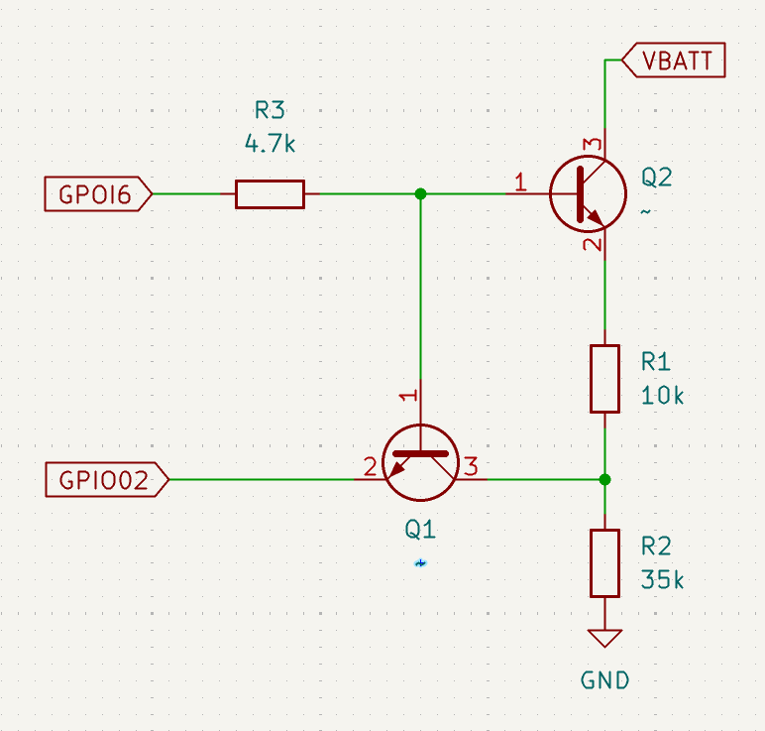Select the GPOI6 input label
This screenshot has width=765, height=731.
(96, 194)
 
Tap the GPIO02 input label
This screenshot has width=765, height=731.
(105, 481)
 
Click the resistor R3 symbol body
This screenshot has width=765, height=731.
(270, 194)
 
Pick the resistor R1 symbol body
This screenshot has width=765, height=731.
(604, 378)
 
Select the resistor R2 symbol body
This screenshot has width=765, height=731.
(604, 562)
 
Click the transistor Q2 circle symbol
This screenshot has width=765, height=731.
(588, 194)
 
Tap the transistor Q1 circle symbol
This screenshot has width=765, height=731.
(420, 463)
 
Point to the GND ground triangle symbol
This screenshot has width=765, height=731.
(604, 639)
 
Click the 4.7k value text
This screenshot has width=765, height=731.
(270, 144)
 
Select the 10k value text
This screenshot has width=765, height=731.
(662, 395)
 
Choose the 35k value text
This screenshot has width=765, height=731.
(662, 579)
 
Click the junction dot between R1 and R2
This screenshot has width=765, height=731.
(604, 480)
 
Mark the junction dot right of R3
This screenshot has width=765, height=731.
(420, 194)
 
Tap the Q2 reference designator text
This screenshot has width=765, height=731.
(656, 178)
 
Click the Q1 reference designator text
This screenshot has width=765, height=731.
(420, 531)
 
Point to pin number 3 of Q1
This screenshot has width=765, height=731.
(472, 465)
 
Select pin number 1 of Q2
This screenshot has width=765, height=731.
(519, 182)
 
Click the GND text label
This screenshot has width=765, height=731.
(604, 680)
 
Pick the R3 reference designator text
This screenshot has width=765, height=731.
(270, 110)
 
